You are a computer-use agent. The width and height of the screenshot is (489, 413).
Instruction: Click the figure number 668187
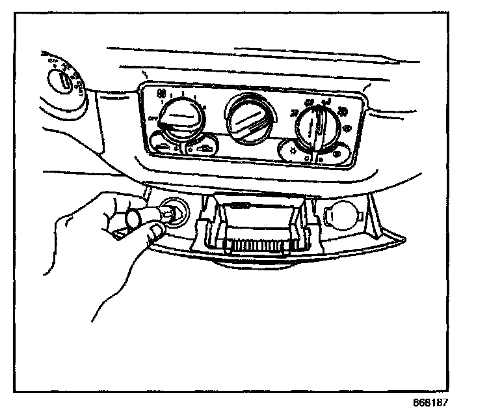tap(430, 402)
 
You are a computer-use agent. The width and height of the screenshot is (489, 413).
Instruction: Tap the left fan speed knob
tap(180, 121)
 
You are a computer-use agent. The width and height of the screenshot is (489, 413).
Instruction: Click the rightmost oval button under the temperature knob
tap(338, 154)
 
